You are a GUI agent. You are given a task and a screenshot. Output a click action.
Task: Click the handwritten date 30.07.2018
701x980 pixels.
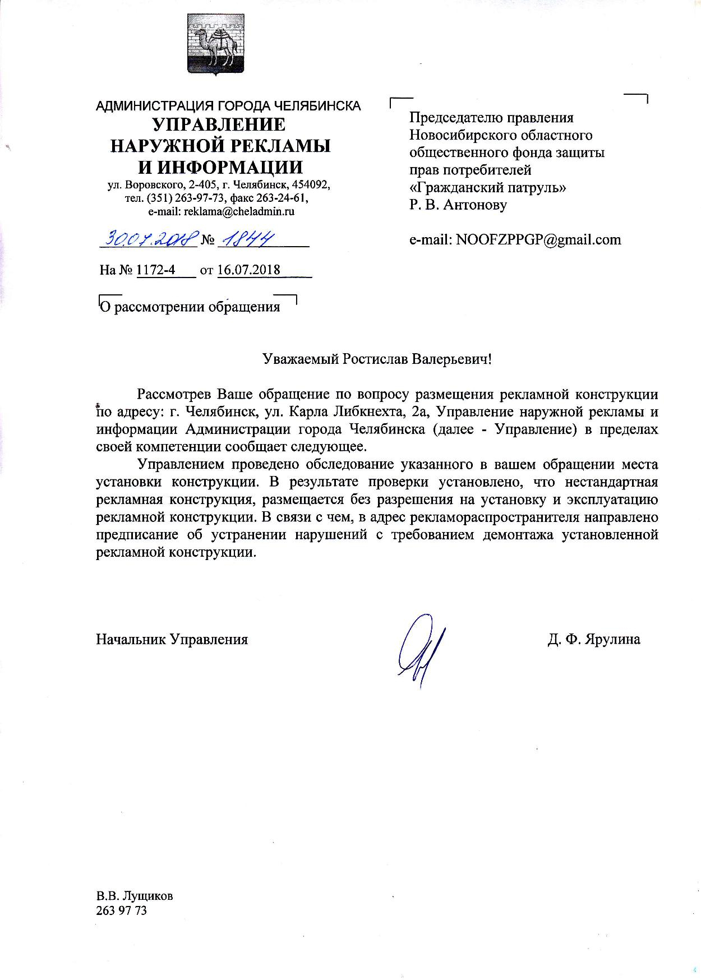[x=149, y=239]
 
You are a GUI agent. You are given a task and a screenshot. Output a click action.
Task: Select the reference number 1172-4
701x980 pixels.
[x=156, y=270]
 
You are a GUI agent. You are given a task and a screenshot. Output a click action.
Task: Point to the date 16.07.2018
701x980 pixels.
[x=248, y=270]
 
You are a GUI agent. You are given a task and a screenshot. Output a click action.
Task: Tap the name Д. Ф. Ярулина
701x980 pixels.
[x=594, y=639]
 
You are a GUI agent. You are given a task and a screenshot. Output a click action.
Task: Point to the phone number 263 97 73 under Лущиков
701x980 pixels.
[x=122, y=910]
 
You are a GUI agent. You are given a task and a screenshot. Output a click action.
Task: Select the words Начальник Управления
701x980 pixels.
[x=172, y=639]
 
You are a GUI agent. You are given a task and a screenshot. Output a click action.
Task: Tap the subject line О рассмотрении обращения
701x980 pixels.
[x=189, y=307]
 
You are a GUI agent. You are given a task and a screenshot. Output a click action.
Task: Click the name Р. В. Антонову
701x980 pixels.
[x=458, y=205]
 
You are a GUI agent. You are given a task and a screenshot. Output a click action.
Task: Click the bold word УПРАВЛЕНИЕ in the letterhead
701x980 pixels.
[x=219, y=124]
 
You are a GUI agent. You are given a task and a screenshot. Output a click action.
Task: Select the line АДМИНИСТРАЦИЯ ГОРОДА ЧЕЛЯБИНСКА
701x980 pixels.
[x=228, y=105]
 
